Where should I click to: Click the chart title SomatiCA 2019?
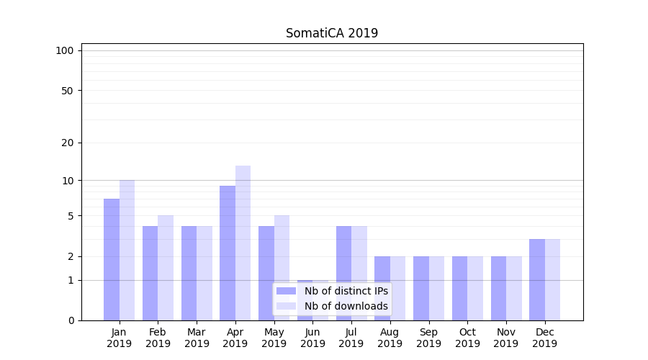tap(331, 33)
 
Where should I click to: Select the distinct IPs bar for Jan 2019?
tap(112, 259)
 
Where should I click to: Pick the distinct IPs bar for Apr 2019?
tap(228, 253)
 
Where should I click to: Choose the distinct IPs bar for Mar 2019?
tap(189, 273)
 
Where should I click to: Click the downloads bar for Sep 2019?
tap(436, 288)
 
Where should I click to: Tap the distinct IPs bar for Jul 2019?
tap(343, 273)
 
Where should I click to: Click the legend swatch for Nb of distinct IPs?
tap(287, 291)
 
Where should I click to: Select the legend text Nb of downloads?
tap(346, 306)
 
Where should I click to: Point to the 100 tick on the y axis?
tap(65, 50)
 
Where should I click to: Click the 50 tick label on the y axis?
tap(68, 91)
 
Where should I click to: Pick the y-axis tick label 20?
tap(68, 143)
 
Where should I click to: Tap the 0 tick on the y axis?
tap(71, 320)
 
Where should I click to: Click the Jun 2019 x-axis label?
tap(312, 338)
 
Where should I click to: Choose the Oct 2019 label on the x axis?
tap(467, 338)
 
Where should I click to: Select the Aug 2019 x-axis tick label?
tap(390, 338)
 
